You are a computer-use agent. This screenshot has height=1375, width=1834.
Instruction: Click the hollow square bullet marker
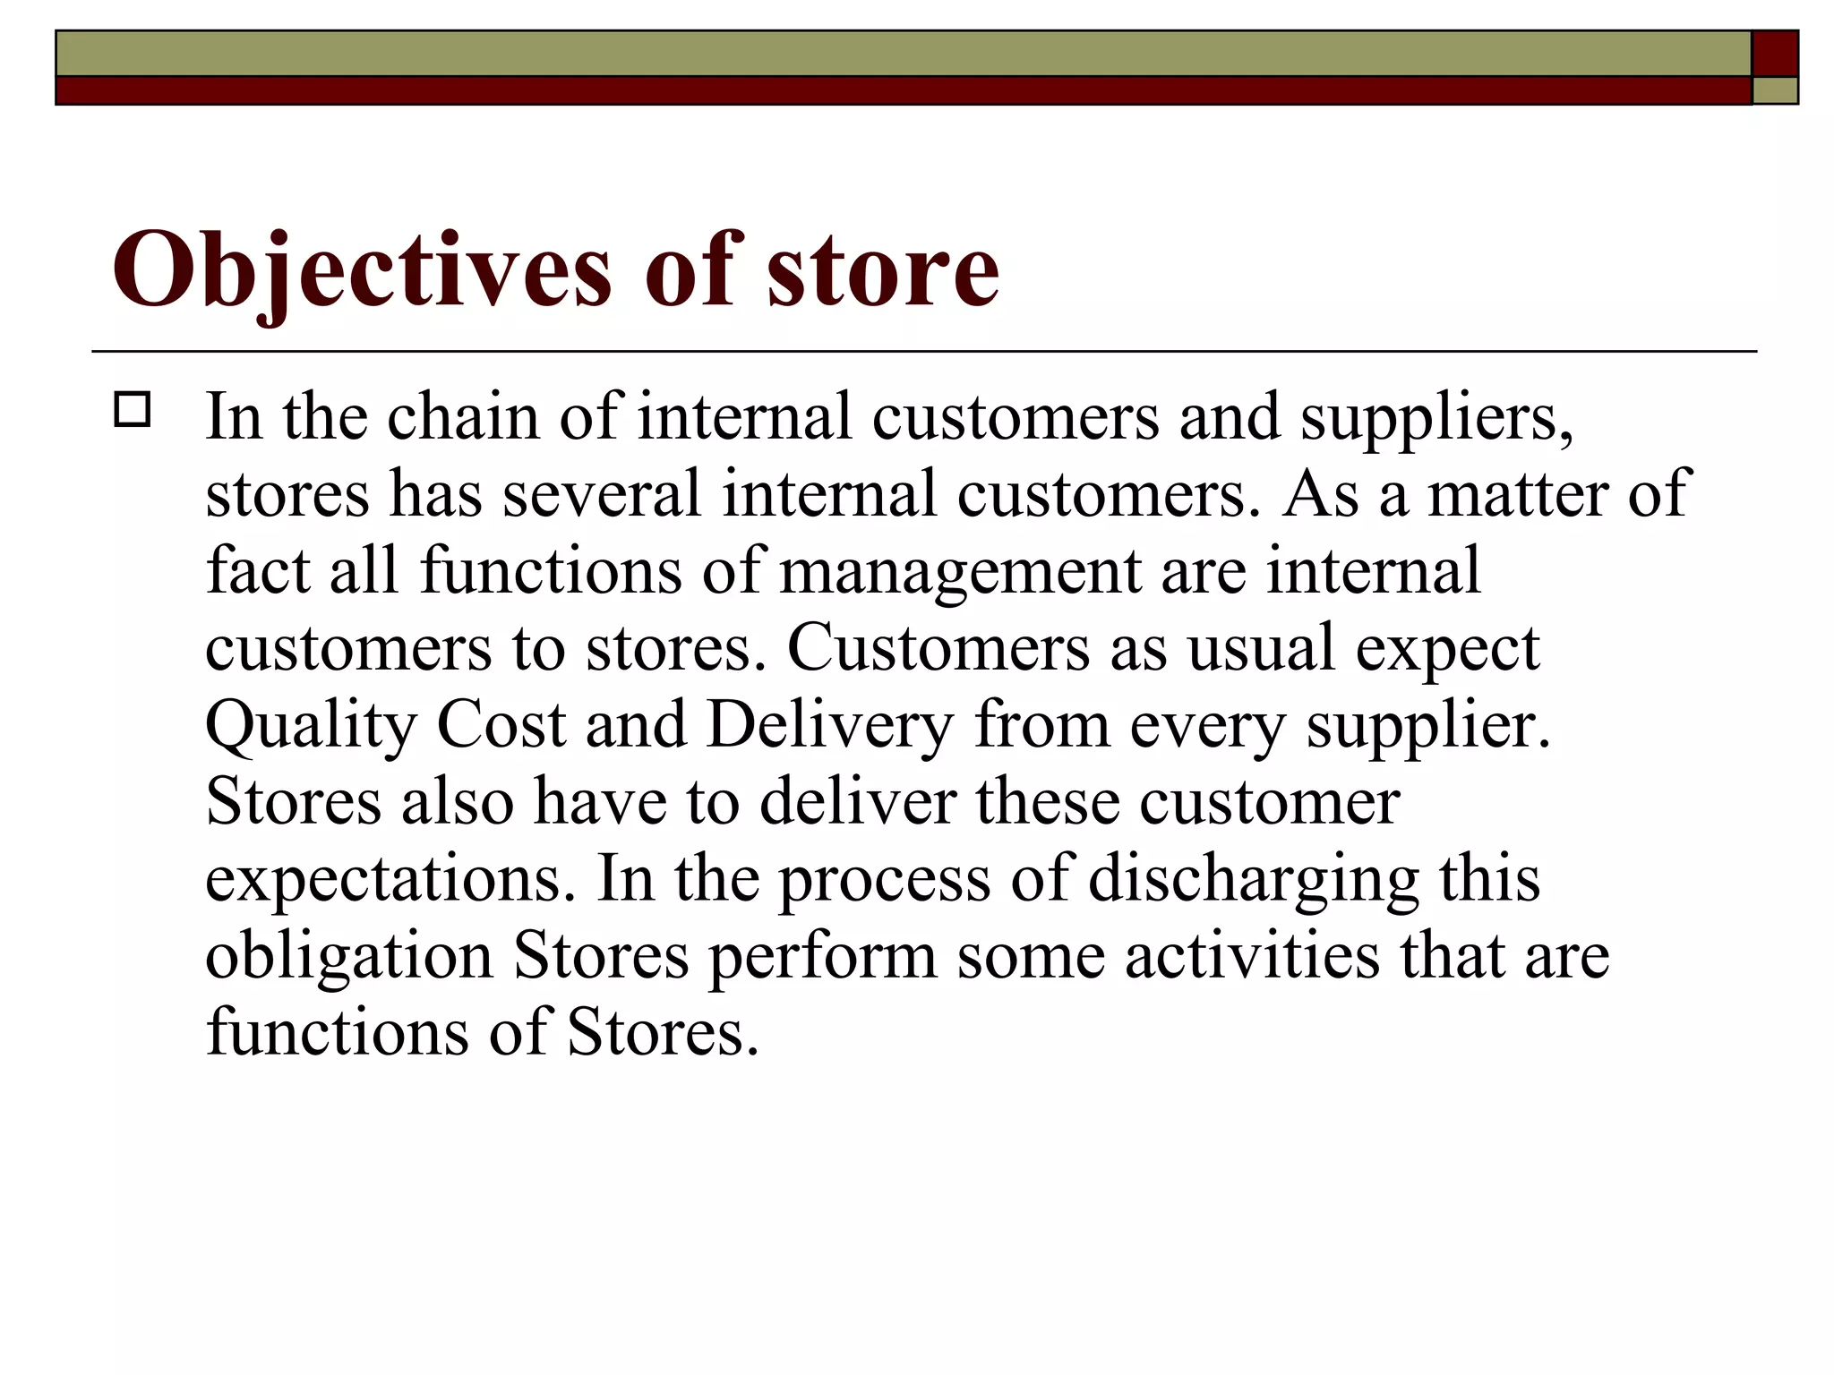[133, 410]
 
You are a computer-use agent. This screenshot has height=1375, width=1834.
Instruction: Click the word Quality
[311, 725]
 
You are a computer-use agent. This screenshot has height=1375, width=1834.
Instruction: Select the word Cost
[501, 725]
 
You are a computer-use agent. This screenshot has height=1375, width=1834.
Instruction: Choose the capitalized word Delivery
[830, 725]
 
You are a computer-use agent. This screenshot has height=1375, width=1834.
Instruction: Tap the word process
[884, 879]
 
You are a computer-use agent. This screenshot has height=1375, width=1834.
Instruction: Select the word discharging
[1254, 879]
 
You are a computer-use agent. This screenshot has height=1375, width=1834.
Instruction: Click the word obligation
[349, 956]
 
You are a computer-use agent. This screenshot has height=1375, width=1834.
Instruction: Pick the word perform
[822, 956]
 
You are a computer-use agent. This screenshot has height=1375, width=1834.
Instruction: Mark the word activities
[1252, 956]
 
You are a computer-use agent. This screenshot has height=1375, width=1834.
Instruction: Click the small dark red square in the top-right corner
[1775, 54]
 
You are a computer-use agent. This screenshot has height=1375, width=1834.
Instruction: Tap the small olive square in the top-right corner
[1775, 90]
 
